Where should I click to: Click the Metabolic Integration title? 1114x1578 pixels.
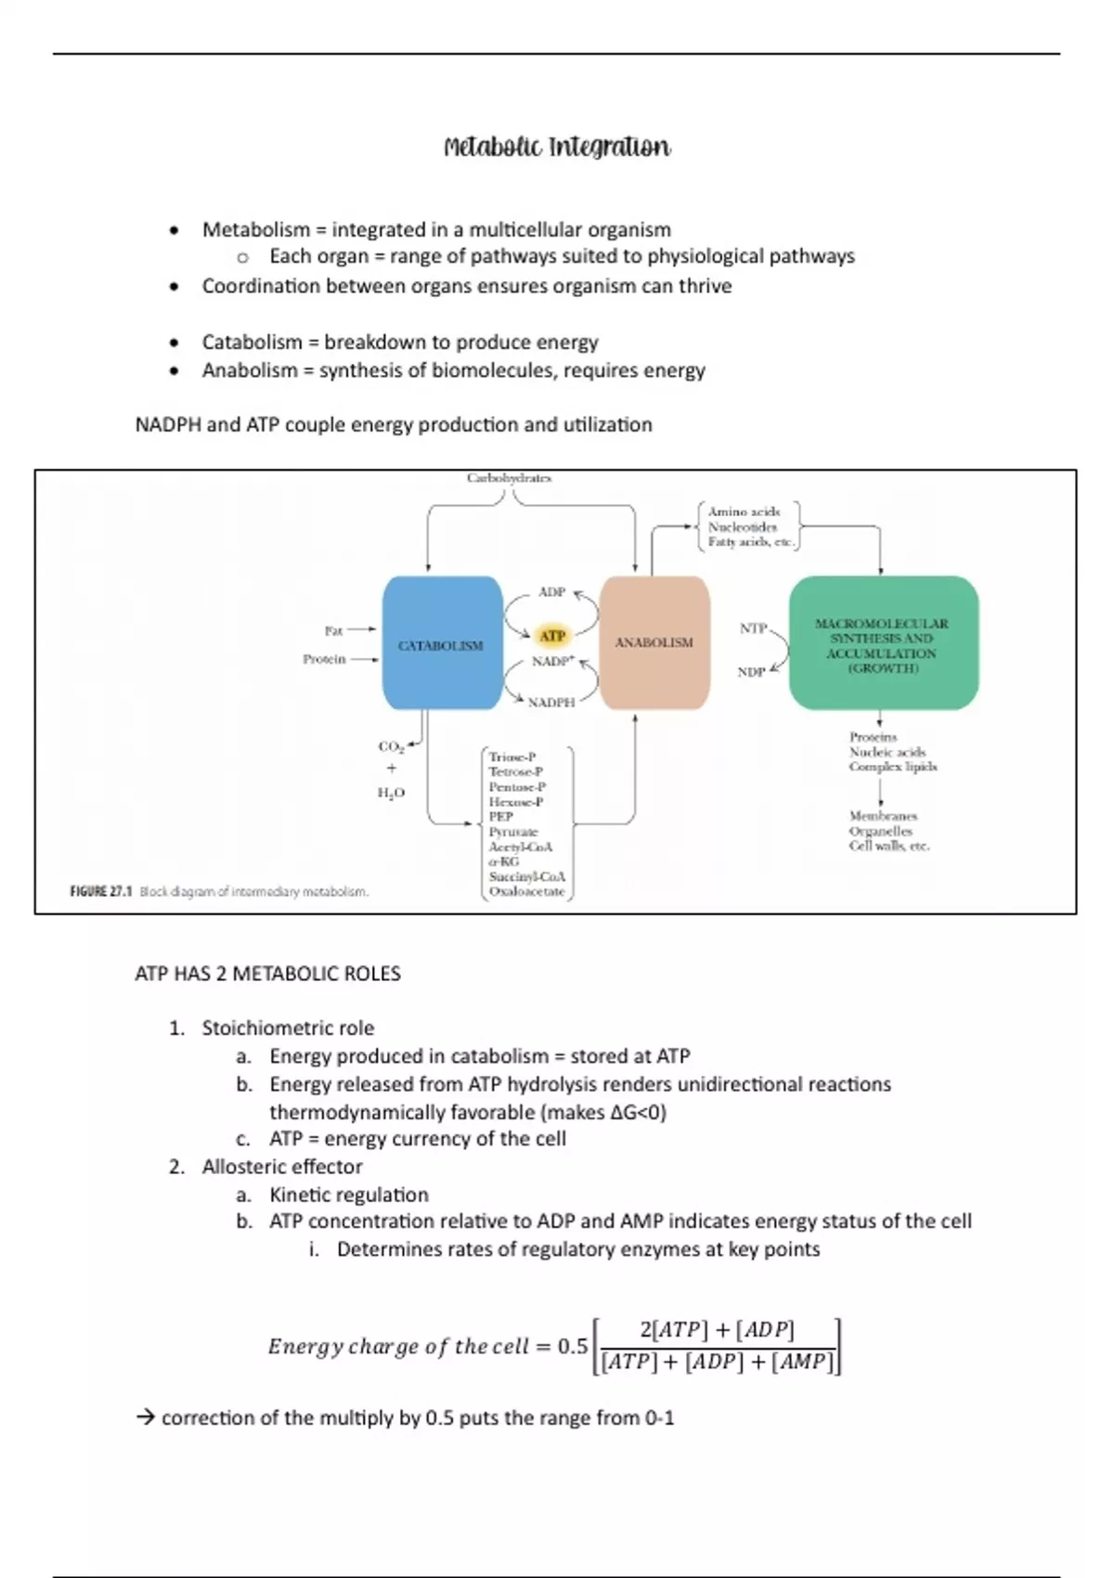[557, 148]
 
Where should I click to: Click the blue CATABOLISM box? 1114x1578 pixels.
[442, 643]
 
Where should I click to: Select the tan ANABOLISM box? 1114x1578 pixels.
[654, 642]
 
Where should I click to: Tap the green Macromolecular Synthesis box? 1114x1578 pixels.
[883, 643]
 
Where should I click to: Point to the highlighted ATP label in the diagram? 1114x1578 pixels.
[552, 636]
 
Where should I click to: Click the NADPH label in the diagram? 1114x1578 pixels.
[551, 703]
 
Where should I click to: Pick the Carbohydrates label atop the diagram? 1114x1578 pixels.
[509, 478]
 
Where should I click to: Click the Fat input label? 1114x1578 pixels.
[333, 630]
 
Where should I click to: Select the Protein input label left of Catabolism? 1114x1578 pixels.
[324, 659]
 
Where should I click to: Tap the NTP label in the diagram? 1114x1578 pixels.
[753, 628]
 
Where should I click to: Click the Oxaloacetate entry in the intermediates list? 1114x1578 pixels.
[526, 892]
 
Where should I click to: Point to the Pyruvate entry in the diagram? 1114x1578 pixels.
[513, 832]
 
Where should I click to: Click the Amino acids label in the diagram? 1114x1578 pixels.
[744, 511]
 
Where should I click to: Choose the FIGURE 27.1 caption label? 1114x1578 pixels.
[101, 892]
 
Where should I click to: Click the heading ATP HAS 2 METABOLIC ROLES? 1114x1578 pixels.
[267, 974]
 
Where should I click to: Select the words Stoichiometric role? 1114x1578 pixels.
[288, 1028]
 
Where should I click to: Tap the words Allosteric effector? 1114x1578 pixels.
[282, 1167]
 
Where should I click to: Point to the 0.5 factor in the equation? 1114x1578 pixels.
[572, 1346]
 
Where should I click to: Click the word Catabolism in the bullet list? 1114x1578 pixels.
[253, 343]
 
